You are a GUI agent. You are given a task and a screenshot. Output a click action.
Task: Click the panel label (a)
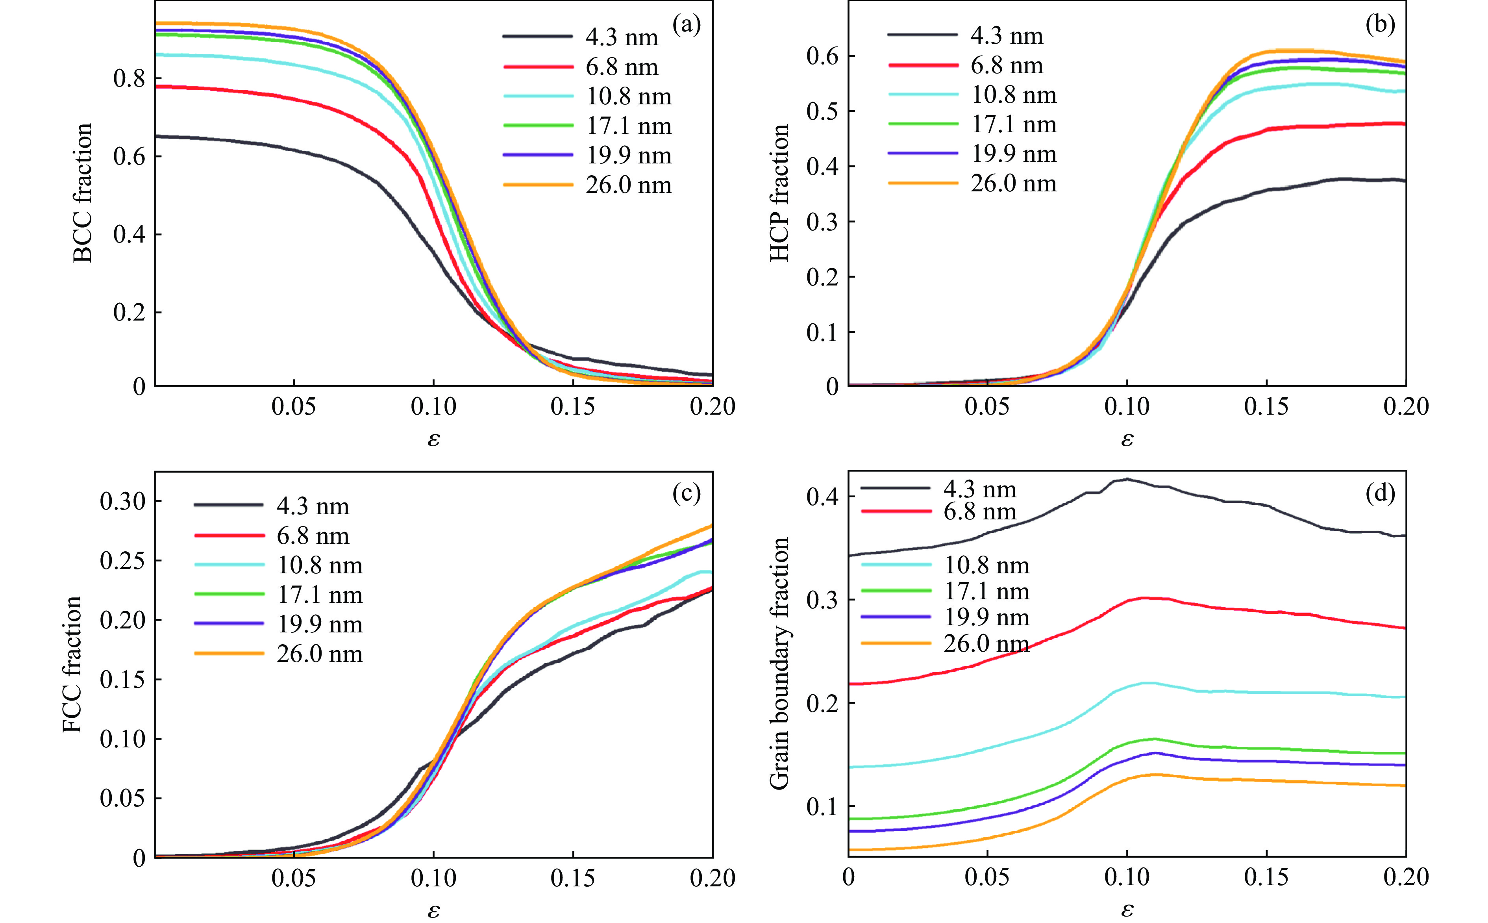pyautogui.click(x=687, y=25)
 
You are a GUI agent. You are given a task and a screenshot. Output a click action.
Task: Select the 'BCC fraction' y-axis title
pyautogui.click(x=82, y=193)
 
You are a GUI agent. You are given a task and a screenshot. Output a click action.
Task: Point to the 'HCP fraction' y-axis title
pyautogui.click(x=779, y=193)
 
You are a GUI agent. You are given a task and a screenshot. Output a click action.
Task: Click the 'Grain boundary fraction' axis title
pyautogui.click(x=779, y=664)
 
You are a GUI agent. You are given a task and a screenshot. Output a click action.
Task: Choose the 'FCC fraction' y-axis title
pyautogui.click(x=72, y=664)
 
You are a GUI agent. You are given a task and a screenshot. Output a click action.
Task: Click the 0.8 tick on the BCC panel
pyautogui.click(x=130, y=79)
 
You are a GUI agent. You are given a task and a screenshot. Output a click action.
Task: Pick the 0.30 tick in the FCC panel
pyautogui.click(x=123, y=501)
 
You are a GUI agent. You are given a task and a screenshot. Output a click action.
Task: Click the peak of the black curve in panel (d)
pyautogui.click(x=1127, y=479)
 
